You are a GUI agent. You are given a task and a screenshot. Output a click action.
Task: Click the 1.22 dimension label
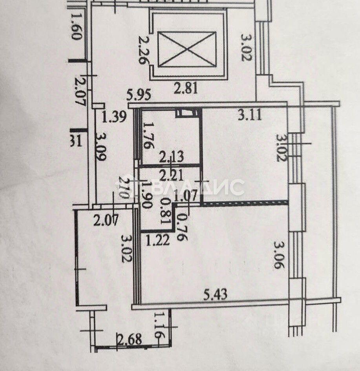click(x=158, y=239)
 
